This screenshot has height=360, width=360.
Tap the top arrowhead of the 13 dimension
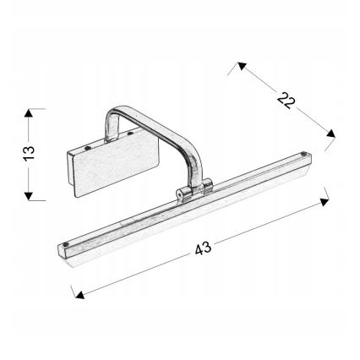(31, 112)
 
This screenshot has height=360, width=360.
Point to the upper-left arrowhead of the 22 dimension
(241, 64)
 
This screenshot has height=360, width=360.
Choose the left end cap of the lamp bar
(64, 249)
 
